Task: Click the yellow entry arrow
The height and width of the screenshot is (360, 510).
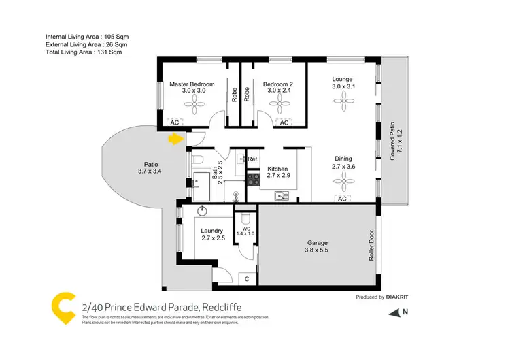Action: click(176, 139)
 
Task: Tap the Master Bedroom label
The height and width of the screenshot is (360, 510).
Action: click(192, 84)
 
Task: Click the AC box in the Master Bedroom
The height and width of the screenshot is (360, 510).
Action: click(173, 122)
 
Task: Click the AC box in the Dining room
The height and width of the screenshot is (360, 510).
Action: click(342, 199)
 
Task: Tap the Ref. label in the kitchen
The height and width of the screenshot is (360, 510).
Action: click(253, 159)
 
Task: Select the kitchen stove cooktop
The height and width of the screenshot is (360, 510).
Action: click(253, 180)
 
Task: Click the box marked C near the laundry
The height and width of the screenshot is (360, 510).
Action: click(247, 278)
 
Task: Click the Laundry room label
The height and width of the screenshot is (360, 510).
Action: click(211, 231)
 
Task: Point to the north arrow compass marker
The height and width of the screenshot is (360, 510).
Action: click(395, 314)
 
